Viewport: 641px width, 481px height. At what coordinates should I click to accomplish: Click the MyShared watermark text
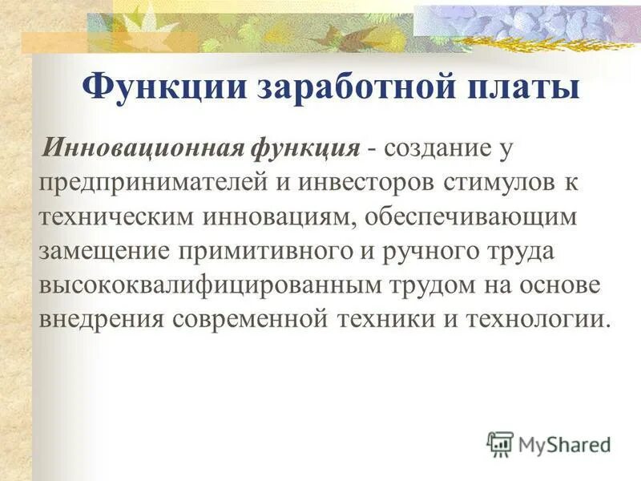(562, 443)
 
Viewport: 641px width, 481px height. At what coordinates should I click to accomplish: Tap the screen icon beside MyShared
(499, 443)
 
